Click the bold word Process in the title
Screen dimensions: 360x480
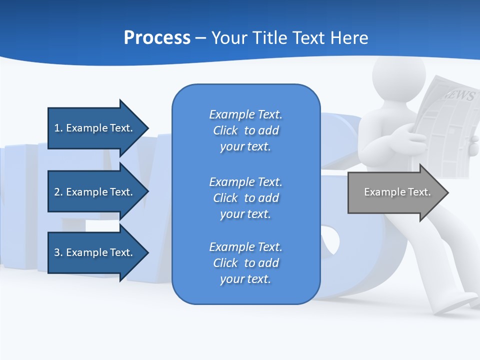(157, 38)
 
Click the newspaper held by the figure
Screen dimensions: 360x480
(445, 125)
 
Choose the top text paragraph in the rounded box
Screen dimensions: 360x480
(245, 130)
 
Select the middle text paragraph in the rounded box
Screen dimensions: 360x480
(245, 198)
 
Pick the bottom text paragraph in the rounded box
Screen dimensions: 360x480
(245, 263)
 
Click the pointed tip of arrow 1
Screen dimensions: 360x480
(147, 128)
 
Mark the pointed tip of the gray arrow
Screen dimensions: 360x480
(447, 192)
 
